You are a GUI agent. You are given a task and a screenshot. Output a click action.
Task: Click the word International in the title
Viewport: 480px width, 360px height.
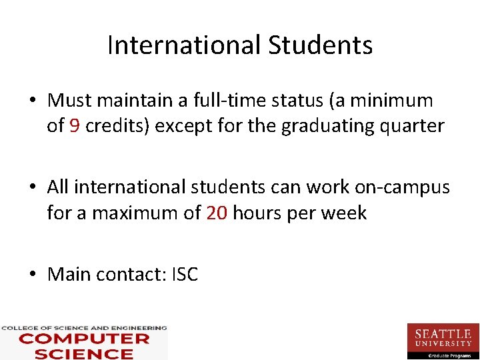tap(185, 45)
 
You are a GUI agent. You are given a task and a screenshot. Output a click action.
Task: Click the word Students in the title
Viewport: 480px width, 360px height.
tap(321, 45)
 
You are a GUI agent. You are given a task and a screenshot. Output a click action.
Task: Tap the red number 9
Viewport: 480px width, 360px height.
tap(74, 126)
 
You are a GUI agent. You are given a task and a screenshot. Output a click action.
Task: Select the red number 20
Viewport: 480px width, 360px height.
tap(217, 213)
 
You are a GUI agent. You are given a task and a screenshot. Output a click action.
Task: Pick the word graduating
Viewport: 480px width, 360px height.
tap(319, 127)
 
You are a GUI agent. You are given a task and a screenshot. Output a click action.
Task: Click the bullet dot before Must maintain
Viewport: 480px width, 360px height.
tap(32, 101)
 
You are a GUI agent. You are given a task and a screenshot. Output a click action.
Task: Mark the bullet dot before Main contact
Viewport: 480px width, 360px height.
tap(32, 275)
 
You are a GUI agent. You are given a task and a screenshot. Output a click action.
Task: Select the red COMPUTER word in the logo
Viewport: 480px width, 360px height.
tap(84, 339)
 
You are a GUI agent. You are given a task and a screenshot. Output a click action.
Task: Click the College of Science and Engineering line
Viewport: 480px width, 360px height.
tap(84, 328)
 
